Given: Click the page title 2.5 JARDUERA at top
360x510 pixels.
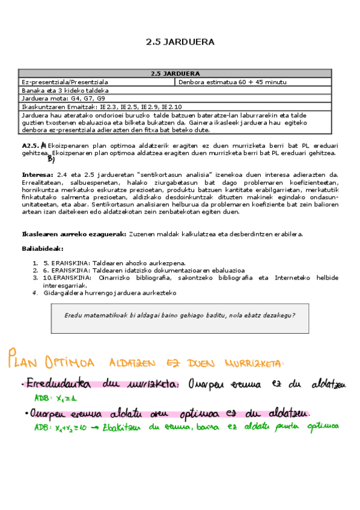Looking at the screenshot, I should click(180, 42).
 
